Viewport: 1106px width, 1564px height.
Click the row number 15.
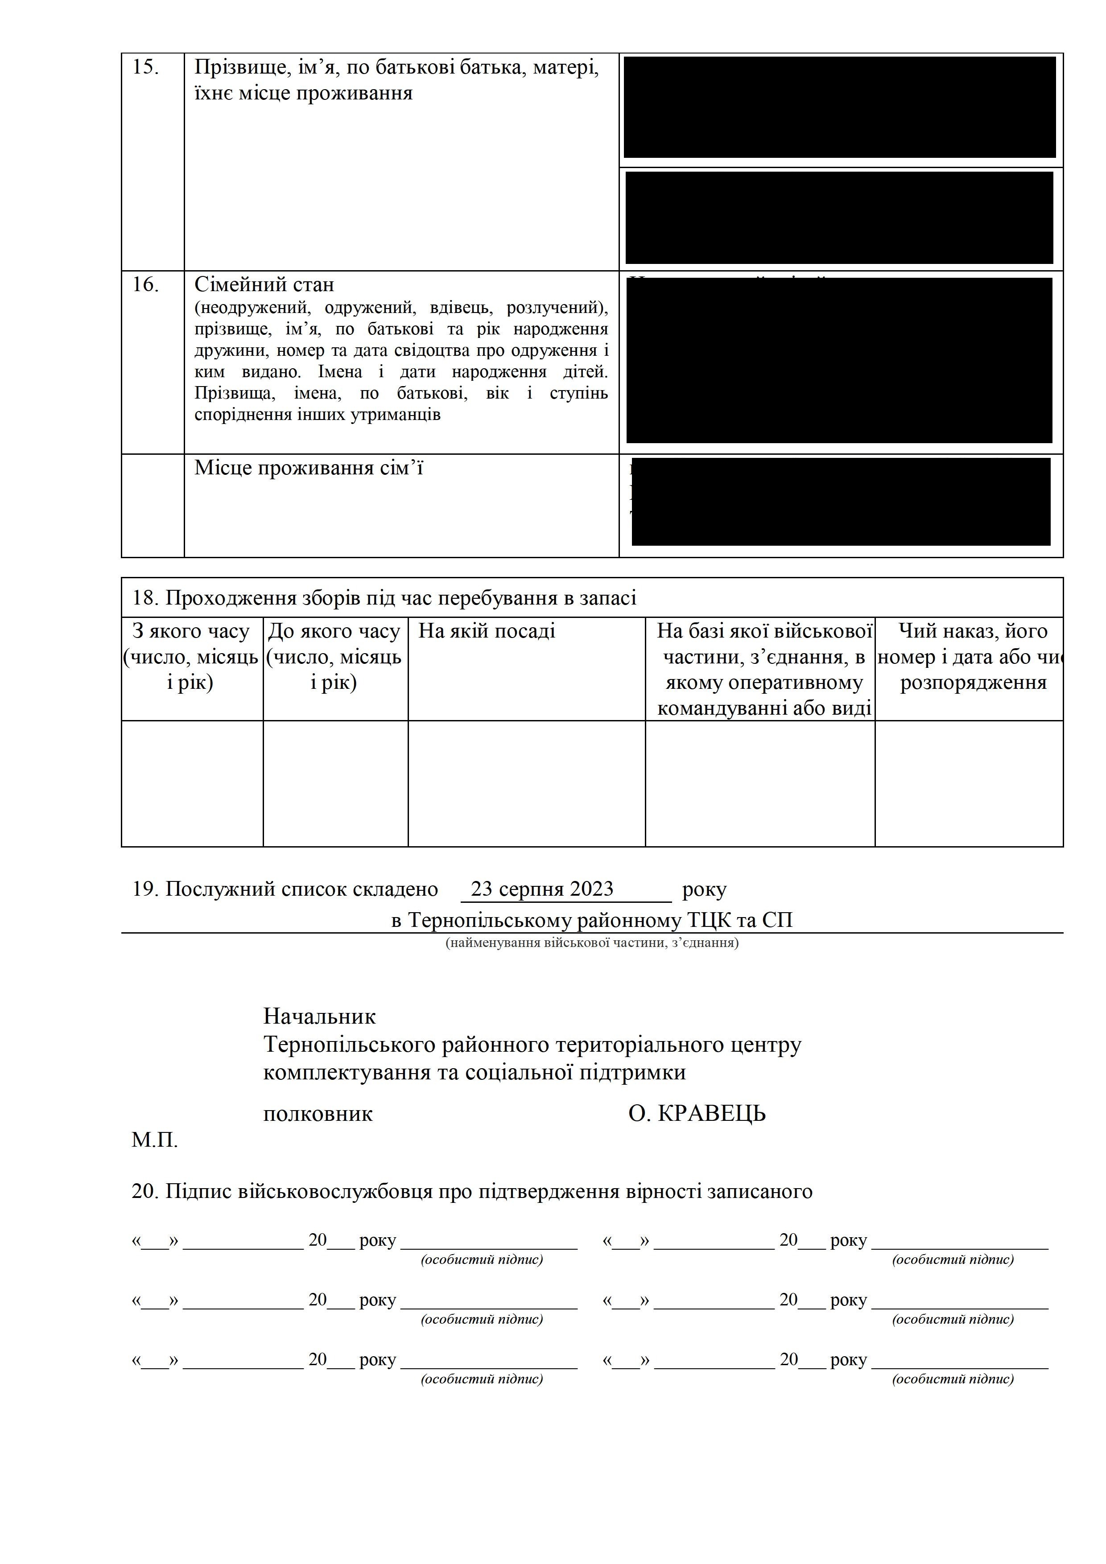[145, 67]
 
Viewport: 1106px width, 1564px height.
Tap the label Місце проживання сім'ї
[308, 468]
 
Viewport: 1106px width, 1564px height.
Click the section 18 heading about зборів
[384, 598]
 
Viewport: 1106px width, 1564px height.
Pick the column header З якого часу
[191, 631]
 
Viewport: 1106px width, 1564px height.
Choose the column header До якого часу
[334, 631]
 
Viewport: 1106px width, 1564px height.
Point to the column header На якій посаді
[487, 631]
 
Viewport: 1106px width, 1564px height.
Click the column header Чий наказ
[973, 631]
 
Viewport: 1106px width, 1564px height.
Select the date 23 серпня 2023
[542, 889]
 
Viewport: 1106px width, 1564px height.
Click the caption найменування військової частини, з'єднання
[591, 943]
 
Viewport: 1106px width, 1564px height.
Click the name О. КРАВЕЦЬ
[697, 1114]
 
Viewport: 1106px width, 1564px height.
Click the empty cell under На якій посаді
[526, 783]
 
